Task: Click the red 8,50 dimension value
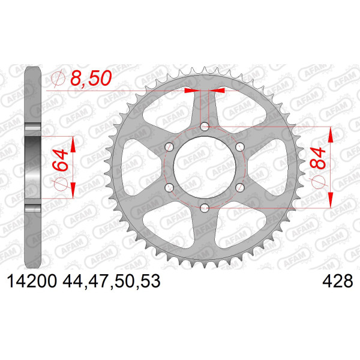click(x=91, y=78)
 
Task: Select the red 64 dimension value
click(x=60, y=160)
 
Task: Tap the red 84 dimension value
click(x=317, y=158)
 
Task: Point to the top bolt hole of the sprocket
click(x=205, y=127)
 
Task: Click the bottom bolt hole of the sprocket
click(x=205, y=208)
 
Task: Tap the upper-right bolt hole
click(x=240, y=147)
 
